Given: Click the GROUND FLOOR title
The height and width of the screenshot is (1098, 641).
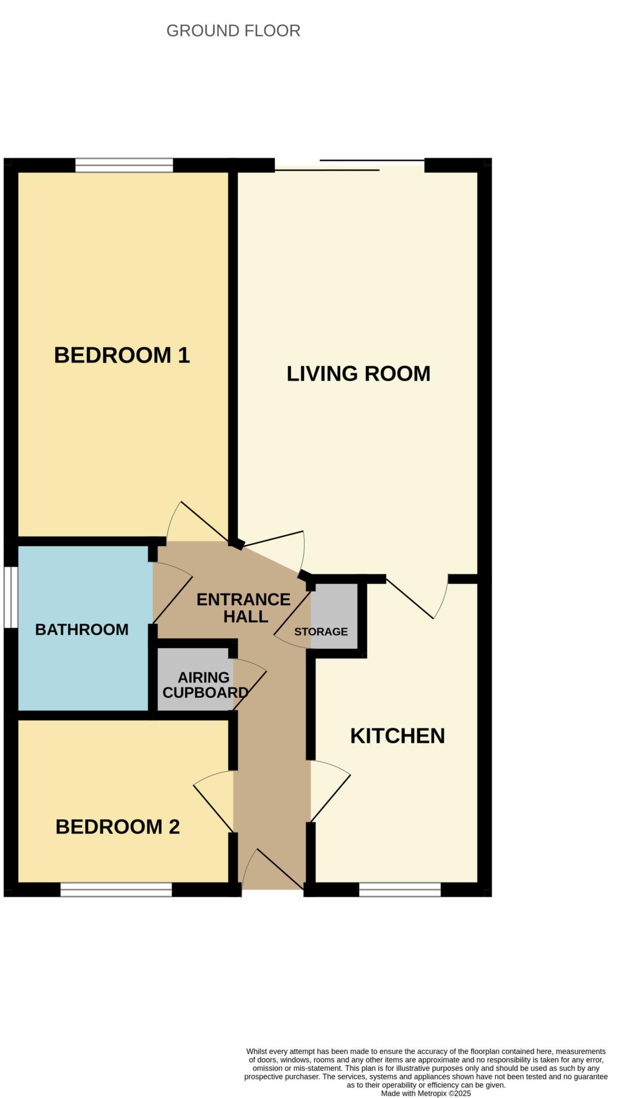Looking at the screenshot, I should point(233,31).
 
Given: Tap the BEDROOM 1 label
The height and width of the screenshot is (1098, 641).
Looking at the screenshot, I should point(122,355).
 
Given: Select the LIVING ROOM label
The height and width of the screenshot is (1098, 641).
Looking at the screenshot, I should point(358,374).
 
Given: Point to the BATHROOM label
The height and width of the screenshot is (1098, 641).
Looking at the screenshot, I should point(81,629).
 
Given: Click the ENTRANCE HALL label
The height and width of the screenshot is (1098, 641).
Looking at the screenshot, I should point(244,607).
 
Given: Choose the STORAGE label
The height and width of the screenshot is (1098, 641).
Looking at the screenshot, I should point(321,632).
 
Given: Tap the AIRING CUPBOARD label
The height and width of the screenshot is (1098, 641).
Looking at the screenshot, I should point(205,685).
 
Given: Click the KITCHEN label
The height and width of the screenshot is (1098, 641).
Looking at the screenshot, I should point(397,736).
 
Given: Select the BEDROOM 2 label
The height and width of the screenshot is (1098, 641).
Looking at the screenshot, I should point(117,827).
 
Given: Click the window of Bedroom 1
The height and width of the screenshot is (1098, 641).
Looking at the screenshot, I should point(124,165).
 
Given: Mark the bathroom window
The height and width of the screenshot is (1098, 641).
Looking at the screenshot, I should point(11,597).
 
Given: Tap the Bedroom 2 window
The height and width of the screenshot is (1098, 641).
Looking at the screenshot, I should point(116,889).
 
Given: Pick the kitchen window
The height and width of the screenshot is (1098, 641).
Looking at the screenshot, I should point(399,889).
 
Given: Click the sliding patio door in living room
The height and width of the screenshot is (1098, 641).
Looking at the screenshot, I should point(349,165).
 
